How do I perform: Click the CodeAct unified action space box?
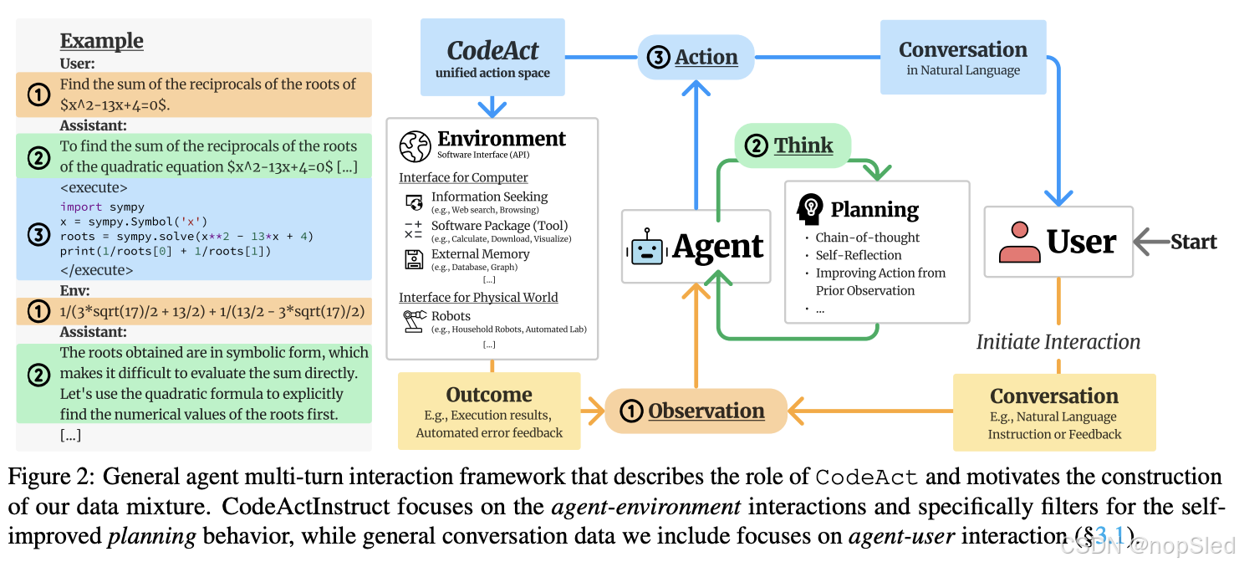(x=492, y=58)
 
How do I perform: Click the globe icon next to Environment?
(x=416, y=146)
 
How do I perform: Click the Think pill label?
(x=792, y=146)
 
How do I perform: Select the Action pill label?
(x=696, y=57)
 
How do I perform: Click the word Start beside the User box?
(x=1193, y=242)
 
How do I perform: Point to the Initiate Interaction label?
(x=1058, y=341)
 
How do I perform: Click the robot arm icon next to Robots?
(x=413, y=321)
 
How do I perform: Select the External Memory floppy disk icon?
(x=413, y=259)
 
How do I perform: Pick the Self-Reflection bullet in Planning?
(x=859, y=255)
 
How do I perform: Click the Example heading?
(x=101, y=41)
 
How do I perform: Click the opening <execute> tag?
(x=94, y=187)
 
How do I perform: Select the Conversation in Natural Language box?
(x=962, y=58)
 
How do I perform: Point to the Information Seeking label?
(x=489, y=197)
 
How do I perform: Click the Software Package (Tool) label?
(x=499, y=226)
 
